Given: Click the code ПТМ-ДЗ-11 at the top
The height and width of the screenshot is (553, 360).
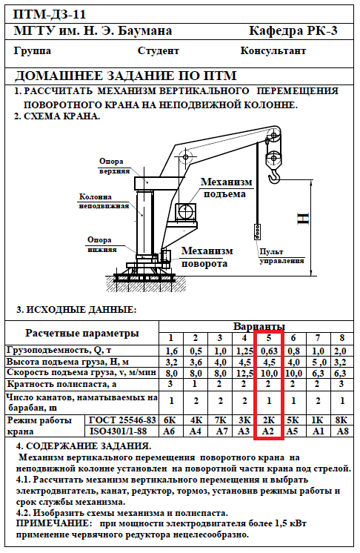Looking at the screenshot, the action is (x=50, y=15).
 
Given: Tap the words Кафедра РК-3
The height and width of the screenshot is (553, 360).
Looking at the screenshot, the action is (x=293, y=30).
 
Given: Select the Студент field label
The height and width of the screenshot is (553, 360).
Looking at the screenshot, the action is (x=159, y=51).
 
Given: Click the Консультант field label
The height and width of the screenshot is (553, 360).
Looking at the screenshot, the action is (x=273, y=51).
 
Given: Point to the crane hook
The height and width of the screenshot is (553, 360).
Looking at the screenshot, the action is (x=273, y=176).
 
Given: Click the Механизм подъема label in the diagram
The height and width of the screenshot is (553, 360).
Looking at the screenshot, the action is (x=226, y=188).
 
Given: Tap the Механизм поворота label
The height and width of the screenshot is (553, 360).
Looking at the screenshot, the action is (x=207, y=257).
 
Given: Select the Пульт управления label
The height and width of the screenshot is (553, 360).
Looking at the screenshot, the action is (x=281, y=256).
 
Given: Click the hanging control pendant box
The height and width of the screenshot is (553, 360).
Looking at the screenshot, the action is (x=258, y=232).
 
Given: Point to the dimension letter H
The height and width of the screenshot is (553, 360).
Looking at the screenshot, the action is (x=303, y=219).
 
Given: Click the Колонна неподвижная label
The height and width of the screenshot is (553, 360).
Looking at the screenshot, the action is (x=104, y=201).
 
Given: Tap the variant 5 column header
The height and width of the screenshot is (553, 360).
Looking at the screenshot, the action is (x=269, y=338).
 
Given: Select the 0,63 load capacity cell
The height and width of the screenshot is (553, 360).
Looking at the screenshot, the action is (x=269, y=351).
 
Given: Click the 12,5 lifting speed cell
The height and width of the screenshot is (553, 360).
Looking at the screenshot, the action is (x=244, y=373).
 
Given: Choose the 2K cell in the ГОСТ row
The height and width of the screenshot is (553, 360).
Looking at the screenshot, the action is (x=269, y=420).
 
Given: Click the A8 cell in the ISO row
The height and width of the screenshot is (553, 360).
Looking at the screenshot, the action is (x=342, y=431).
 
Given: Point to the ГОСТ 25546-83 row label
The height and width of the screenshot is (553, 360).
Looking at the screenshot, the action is (x=122, y=420).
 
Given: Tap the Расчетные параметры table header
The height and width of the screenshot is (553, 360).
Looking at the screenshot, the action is (x=82, y=333).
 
